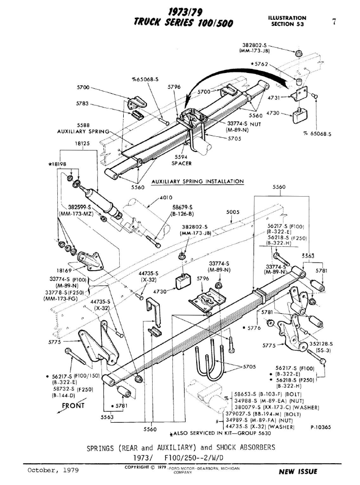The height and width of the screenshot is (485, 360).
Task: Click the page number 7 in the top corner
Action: coord(334,21)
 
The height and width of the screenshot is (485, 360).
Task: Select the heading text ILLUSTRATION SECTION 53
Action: coord(287,21)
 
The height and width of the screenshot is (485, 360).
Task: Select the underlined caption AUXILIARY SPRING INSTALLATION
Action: coord(198,181)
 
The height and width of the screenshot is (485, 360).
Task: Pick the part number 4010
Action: coord(166,198)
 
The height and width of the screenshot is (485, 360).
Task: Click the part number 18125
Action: coord(82,144)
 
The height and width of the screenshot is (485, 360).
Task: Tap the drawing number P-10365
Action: coord(320,427)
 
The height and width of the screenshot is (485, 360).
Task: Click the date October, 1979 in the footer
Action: coord(49,470)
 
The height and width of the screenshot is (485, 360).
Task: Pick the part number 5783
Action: coord(83,103)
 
